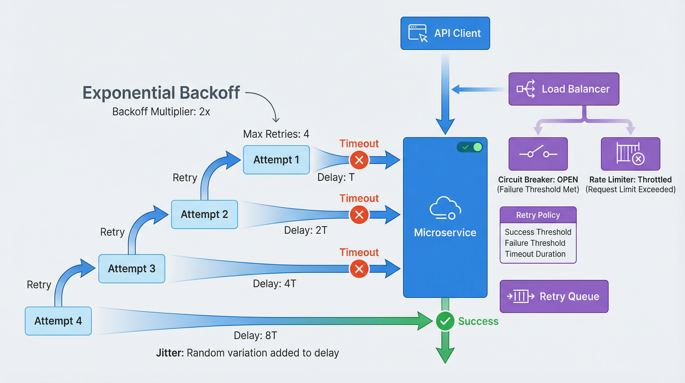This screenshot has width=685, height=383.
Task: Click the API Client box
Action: pyautogui.click(x=445, y=33)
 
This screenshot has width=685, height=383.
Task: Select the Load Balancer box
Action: pyautogui.click(x=563, y=89)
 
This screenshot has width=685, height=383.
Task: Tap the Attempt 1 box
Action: pyautogui.click(x=276, y=160)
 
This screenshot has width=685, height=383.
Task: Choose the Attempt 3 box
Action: pyautogui.click(x=131, y=269)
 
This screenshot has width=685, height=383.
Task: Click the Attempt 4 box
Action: pyautogui.click(x=58, y=321)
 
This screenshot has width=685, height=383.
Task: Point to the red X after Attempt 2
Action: pyautogui.click(x=359, y=214)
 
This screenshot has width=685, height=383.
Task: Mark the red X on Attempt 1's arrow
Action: pyautogui.click(x=359, y=160)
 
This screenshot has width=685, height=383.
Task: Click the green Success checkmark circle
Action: pyautogui.click(x=445, y=321)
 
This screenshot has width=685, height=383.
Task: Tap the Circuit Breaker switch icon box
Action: pyautogui.click(x=538, y=154)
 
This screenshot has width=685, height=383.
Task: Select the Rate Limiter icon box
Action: pyautogui.click(x=630, y=154)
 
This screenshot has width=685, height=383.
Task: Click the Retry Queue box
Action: pyautogui.click(x=554, y=296)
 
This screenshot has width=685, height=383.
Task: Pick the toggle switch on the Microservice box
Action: pyautogui.click(x=470, y=147)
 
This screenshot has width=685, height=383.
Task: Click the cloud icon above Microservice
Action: pyautogui.click(x=445, y=208)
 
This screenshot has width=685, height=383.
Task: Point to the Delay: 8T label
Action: pyautogui.click(x=255, y=335)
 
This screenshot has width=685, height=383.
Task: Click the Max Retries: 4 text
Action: pyautogui.click(x=276, y=134)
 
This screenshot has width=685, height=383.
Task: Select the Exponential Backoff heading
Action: pyautogui.click(x=161, y=93)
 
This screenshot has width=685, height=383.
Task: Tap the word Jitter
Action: pyautogui.click(x=170, y=353)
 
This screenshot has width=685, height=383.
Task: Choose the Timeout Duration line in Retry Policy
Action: pyautogui.click(x=535, y=254)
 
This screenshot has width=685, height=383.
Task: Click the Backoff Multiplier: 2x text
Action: pyautogui.click(x=161, y=112)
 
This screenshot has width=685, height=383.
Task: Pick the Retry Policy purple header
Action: pyautogui.click(x=538, y=215)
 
